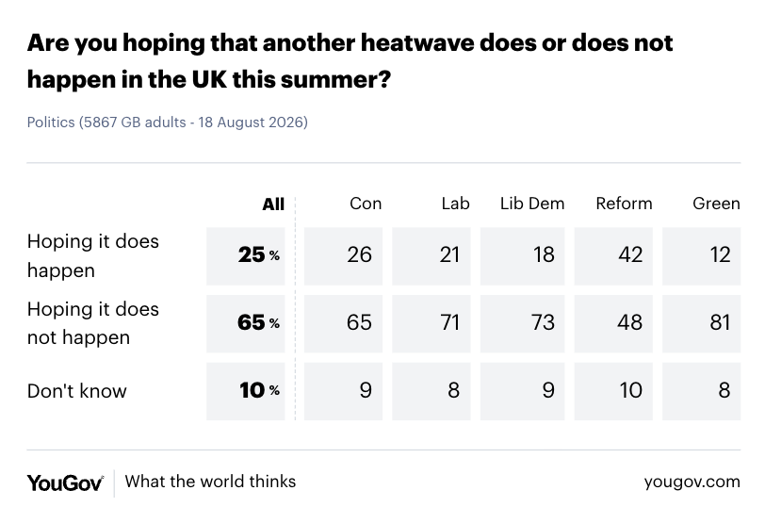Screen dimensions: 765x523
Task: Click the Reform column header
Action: [624, 204]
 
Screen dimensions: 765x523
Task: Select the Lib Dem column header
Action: [532, 204]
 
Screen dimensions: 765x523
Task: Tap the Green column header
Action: [716, 204]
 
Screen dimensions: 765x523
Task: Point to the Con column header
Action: [366, 204]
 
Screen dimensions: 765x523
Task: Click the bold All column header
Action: [273, 204]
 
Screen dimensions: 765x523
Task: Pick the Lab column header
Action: [455, 204]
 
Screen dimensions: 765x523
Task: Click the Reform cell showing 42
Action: [630, 254]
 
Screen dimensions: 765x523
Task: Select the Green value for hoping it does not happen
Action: [720, 322]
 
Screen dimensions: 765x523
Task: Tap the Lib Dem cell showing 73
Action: [543, 322]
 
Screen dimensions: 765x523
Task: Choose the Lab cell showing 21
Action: [449, 254]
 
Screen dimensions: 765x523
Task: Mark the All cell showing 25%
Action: [258, 254]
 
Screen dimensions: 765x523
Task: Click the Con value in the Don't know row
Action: [366, 390]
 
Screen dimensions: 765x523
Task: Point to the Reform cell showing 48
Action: [630, 322]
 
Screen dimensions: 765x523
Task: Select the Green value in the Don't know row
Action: [724, 390]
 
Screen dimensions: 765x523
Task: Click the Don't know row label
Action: [77, 391]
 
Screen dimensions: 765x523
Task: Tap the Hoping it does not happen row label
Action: [93, 323]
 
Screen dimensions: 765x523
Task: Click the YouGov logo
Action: [65, 483]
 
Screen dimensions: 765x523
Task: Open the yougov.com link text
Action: [692, 482]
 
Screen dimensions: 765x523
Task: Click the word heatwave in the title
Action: [416, 43]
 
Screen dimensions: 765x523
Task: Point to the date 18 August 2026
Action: [252, 122]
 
